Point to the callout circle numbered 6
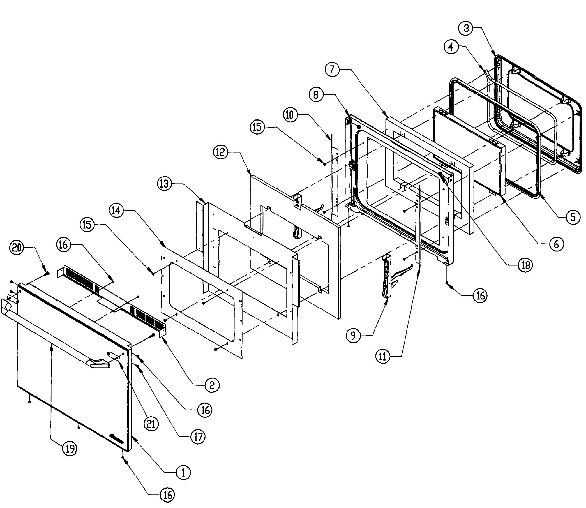(x=556, y=244)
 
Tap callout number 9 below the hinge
(x=353, y=336)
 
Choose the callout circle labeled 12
(x=220, y=152)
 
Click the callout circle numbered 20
(x=17, y=248)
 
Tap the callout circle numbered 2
(x=212, y=385)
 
